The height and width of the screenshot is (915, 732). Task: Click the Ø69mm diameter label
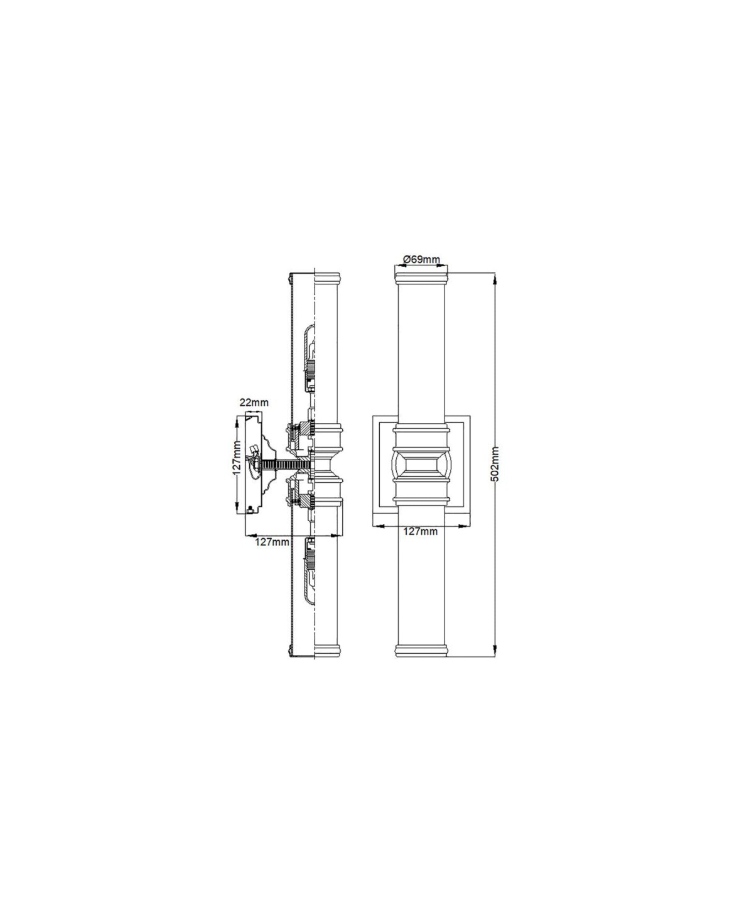[x=421, y=259]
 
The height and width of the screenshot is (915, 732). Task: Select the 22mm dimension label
[x=254, y=403]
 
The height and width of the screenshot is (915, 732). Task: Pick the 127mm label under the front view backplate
[x=420, y=531]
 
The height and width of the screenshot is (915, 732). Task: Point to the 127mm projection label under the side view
[x=272, y=542]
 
